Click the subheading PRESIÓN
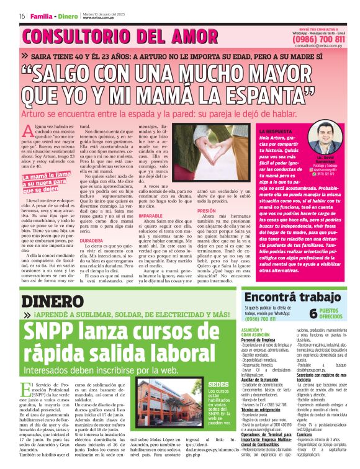point(206,210)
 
